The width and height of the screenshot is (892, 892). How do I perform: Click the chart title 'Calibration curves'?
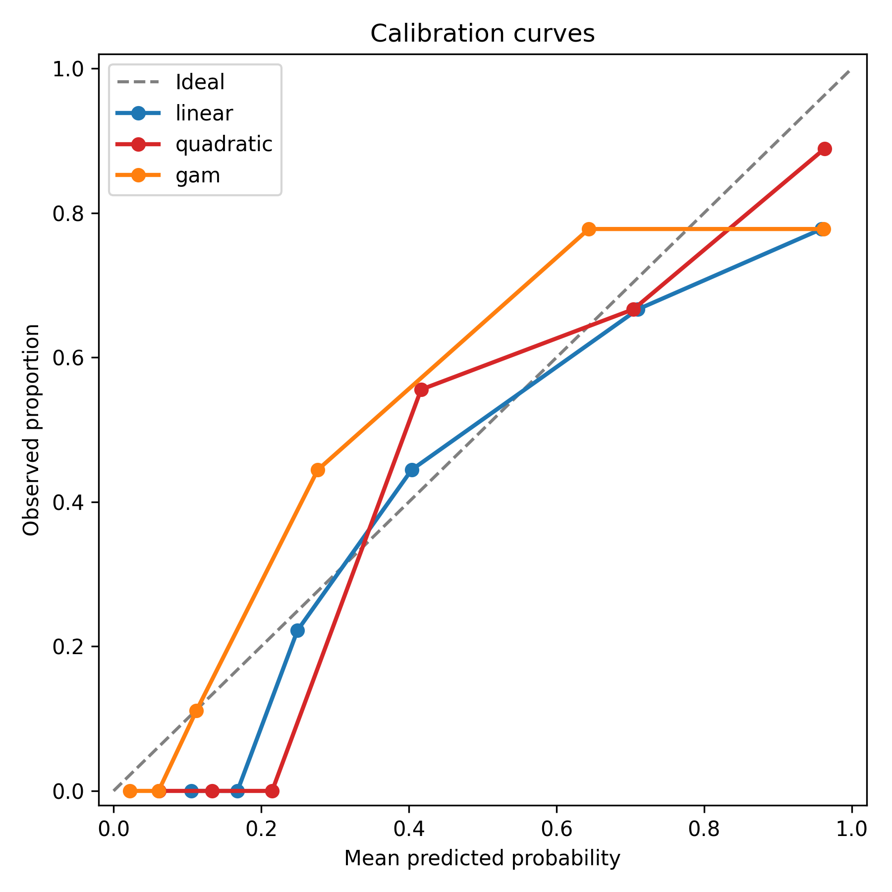click(482, 34)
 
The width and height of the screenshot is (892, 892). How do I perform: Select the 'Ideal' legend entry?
click(200, 82)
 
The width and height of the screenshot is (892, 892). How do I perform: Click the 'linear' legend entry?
click(204, 113)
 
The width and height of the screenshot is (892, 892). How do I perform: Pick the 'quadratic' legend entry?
click(223, 144)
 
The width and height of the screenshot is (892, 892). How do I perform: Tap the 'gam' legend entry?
click(198, 175)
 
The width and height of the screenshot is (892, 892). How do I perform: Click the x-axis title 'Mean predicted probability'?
click(482, 858)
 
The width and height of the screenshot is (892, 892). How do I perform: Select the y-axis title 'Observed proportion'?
click(31, 430)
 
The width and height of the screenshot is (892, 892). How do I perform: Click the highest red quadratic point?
click(825, 149)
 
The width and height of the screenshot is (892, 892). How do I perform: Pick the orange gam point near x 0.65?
click(589, 229)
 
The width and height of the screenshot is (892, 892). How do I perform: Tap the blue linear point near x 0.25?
click(297, 630)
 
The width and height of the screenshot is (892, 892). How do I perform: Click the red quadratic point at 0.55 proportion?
click(421, 390)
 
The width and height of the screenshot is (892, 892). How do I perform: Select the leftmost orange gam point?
click(130, 791)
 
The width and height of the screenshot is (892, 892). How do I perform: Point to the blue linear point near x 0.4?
click(412, 470)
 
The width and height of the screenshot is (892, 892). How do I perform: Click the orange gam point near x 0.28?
click(318, 470)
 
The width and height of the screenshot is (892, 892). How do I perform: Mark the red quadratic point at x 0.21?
click(272, 791)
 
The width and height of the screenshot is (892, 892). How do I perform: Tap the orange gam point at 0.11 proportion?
click(197, 711)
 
